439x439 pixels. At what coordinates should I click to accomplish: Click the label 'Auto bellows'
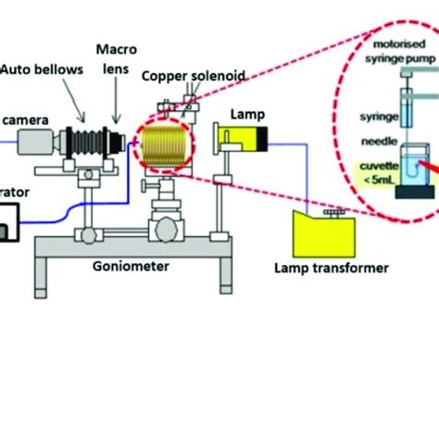[42, 67]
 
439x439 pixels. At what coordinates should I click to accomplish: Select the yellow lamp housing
[242, 140]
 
